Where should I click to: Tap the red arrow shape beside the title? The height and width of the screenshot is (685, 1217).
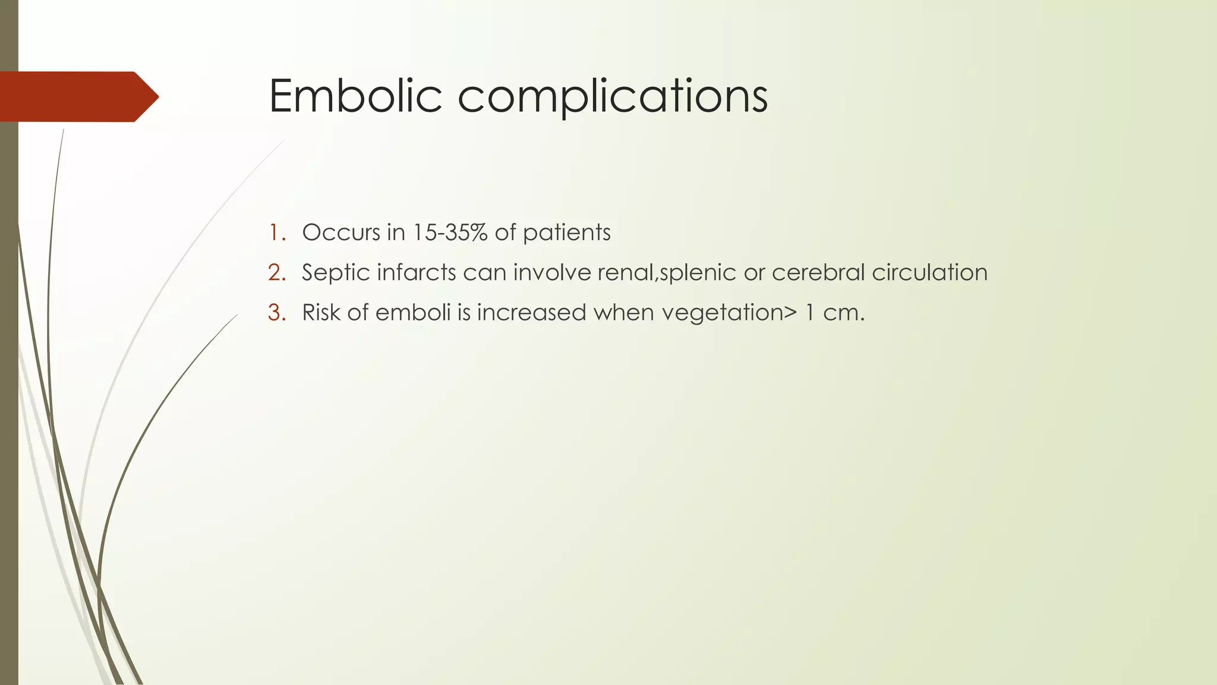pos(77,96)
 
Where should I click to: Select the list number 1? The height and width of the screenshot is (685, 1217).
pos(276,232)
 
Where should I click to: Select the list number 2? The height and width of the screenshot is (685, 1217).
pos(277,273)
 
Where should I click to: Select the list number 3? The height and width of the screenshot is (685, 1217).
pos(277,313)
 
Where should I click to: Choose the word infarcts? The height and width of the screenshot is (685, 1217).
pos(416,273)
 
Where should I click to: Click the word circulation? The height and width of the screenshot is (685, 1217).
pos(929,273)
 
